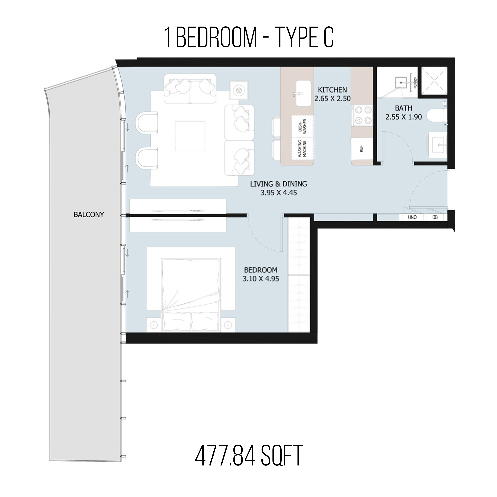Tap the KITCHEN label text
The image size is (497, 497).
click(x=332, y=90)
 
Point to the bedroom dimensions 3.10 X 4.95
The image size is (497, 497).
click(x=261, y=279)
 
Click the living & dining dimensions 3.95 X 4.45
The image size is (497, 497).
click(x=279, y=193)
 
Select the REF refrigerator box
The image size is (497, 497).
click(x=362, y=149)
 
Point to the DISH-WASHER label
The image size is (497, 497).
click(x=302, y=126)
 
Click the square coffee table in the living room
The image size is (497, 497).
click(x=190, y=136)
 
